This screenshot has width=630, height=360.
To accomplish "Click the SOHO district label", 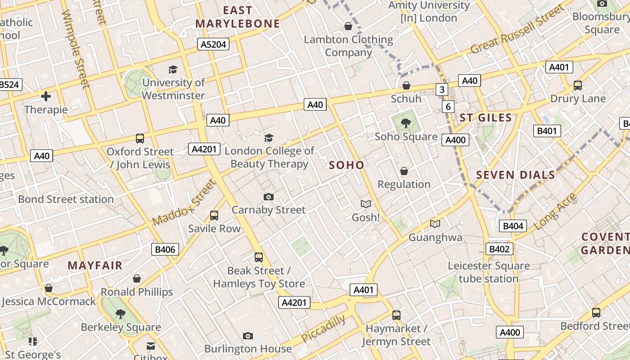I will tap(346, 165).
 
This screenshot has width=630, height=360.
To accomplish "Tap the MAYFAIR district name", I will tap(95, 265).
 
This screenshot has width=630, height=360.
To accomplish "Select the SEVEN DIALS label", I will tap(515, 175).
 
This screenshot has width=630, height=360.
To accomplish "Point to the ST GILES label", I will tap(486, 118).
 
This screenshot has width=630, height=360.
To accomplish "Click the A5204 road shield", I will tap(214, 44).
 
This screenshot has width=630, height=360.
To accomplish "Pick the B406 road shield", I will tap(165, 249).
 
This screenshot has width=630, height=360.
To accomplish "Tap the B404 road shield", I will tap(513, 226).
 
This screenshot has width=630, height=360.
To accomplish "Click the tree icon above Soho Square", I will tap(406, 122).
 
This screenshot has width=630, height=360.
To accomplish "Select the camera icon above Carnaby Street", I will tap(269, 197).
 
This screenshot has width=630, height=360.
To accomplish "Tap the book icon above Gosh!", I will tap(366, 204).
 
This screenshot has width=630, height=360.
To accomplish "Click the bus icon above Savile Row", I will tap(214, 216).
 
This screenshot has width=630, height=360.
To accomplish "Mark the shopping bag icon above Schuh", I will tap(406, 85).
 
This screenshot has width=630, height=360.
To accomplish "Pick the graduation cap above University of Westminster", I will tap(173, 69).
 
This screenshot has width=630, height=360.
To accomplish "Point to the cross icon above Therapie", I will tap(46, 96).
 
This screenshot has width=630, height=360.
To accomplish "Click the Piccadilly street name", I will tap(324, 328).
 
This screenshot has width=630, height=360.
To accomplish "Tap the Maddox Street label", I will tap(184, 203).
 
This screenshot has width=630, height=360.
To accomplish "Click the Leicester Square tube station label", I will tap(489, 272).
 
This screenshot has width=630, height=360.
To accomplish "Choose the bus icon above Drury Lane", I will tap(578, 85).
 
